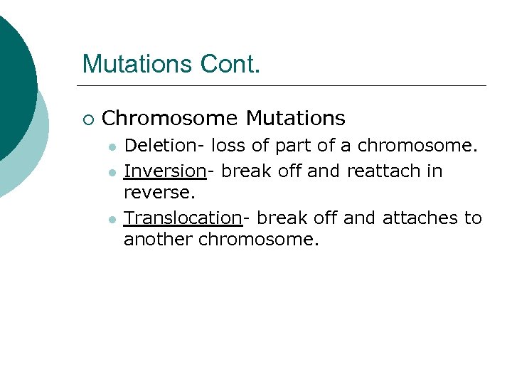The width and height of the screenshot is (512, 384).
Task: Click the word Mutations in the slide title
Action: pyautogui.click(x=139, y=64)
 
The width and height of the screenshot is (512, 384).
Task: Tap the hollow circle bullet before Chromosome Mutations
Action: pyautogui.click(x=87, y=118)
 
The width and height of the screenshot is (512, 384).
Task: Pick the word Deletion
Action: pyautogui.click(x=160, y=146)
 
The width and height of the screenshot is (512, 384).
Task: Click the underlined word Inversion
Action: pyautogui.click(x=164, y=171)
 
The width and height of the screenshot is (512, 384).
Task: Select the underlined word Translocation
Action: pyautogui.click(x=183, y=218)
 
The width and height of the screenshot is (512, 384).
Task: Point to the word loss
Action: pyautogui.click(x=228, y=146)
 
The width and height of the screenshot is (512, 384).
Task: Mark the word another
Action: pyautogui.click(x=159, y=240)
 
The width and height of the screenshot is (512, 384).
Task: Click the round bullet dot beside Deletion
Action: pyautogui.click(x=112, y=146)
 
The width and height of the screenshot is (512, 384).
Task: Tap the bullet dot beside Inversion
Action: pyautogui.click(x=112, y=172)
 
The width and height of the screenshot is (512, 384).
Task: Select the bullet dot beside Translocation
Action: pyautogui.click(x=112, y=219)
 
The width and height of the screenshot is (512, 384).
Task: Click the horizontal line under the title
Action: pyautogui.click(x=284, y=86)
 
